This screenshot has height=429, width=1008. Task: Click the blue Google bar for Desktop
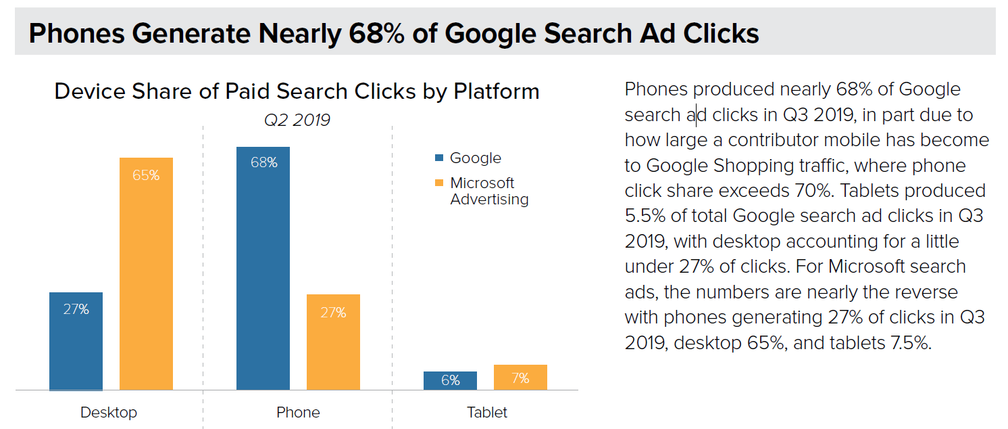(x=76, y=341)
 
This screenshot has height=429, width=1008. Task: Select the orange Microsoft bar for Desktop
(x=146, y=273)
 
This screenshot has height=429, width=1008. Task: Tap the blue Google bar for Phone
(x=263, y=268)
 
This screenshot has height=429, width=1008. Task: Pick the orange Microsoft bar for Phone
(x=333, y=342)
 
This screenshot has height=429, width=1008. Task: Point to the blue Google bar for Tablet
(x=450, y=380)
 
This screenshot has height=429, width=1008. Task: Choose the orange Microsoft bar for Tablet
(x=520, y=378)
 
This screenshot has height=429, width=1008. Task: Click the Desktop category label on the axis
(x=109, y=412)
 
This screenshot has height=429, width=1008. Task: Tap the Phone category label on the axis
(x=298, y=412)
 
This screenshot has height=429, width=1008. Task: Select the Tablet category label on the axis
(x=486, y=412)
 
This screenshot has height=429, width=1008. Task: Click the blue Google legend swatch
(x=439, y=158)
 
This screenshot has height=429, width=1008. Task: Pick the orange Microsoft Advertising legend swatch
(x=439, y=183)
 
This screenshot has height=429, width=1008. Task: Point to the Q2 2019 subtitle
(x=297, y=120)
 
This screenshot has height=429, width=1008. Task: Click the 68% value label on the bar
(x=263, y=163)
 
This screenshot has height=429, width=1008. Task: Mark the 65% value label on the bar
(x=146, y=175)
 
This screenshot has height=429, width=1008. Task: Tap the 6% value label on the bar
(x=451, y=380)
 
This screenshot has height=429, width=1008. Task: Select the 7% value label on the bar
(x=520, y=378)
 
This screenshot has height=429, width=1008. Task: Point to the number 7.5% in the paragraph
(x=907, y=342)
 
